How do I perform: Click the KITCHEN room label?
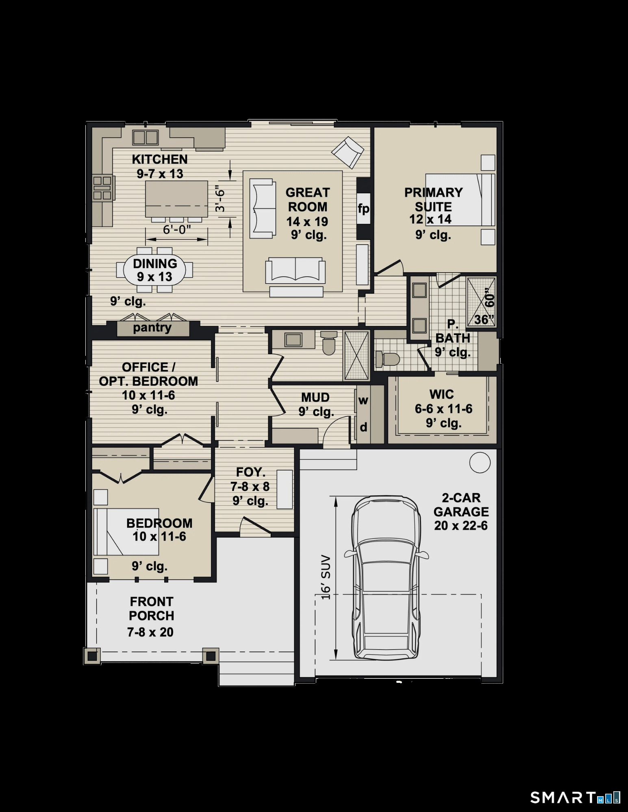160,159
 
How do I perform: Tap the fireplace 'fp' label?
363,209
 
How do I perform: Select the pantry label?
152,327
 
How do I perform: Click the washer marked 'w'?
363,400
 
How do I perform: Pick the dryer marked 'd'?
364,427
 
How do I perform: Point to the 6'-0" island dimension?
177,230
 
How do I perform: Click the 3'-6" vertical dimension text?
220,199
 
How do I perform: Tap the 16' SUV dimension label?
326,577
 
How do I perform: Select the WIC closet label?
441,394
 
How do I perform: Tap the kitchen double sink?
146,137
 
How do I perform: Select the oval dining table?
155,270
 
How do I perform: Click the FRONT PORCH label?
152,608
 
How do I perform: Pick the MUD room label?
315,397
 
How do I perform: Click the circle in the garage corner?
480,462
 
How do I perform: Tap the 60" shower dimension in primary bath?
489,300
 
